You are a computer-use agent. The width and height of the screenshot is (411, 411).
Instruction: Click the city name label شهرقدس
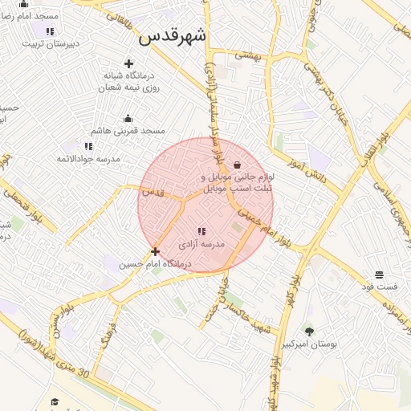coord(172,36)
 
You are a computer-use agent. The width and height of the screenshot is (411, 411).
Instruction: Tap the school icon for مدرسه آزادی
coord(201,231)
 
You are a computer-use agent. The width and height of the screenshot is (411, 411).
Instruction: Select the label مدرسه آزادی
coord(201,243)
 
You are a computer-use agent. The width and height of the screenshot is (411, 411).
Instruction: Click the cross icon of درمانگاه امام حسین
coord(155,251)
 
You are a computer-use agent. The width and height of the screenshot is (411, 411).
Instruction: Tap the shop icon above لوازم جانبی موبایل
coord(236,164)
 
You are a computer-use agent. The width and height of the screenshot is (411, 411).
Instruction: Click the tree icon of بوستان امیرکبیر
coord(309,331)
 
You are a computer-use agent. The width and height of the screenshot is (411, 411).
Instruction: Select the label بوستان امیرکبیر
coord(308,344)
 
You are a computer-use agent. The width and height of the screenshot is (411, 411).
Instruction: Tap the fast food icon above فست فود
coord(379,275)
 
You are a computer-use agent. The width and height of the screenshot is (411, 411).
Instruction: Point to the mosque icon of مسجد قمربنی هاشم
coord(128,118)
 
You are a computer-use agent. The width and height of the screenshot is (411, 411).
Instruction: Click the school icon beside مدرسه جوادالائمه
coord(88,146)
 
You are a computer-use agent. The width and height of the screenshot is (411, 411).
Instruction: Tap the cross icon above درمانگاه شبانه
coord(128,63)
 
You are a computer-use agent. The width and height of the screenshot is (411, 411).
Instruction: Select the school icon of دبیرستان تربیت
coord(50,31)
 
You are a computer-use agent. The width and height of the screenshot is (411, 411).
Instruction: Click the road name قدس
coord(153,193)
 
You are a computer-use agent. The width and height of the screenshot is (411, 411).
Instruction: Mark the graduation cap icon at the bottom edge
coord(55,401)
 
